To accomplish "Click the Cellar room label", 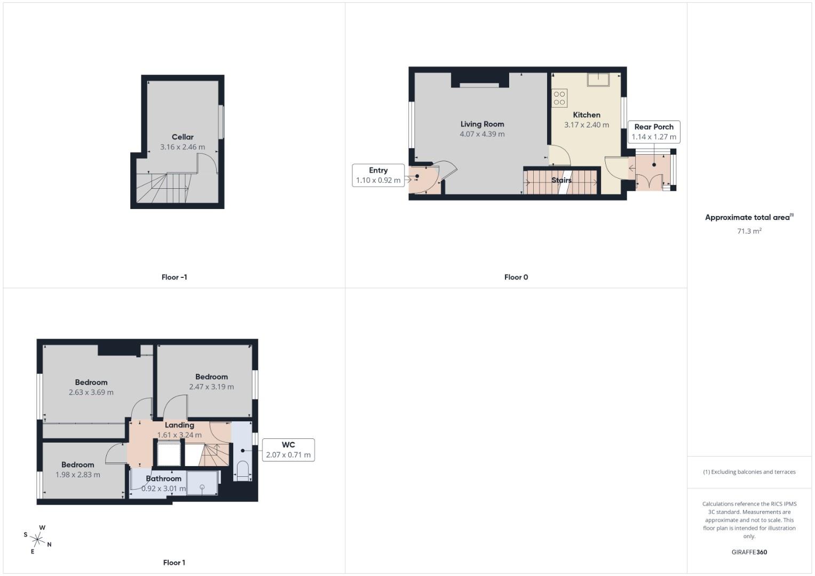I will click(x=183, y=137).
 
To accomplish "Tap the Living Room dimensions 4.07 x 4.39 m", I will click(x=482, y=134).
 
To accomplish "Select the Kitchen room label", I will click(x=587, y=115).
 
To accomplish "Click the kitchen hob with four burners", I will click(x=559, y=98).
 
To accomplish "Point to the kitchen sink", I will click(x=598, y=79).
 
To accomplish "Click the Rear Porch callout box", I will click(x=654, y=132).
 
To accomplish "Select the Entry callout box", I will click(x=378, y=175).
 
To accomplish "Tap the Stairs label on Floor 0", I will click(x=561, y=180).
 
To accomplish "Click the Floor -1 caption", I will click(x=174, y=277).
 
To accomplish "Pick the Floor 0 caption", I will click(x=516, y=277).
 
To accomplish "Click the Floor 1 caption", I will click(x=174, y=563).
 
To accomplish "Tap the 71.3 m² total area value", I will click(x=749, y=231).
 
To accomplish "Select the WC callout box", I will click(x=288, y=450).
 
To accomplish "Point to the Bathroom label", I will click(x=164, y=478).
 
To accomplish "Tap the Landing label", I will click(x=179, y=425).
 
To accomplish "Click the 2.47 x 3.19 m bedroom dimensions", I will click(x=211, y=387).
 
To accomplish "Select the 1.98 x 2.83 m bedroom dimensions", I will click(x=78, y=475).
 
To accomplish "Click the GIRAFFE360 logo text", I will click(x=749, y=552).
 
